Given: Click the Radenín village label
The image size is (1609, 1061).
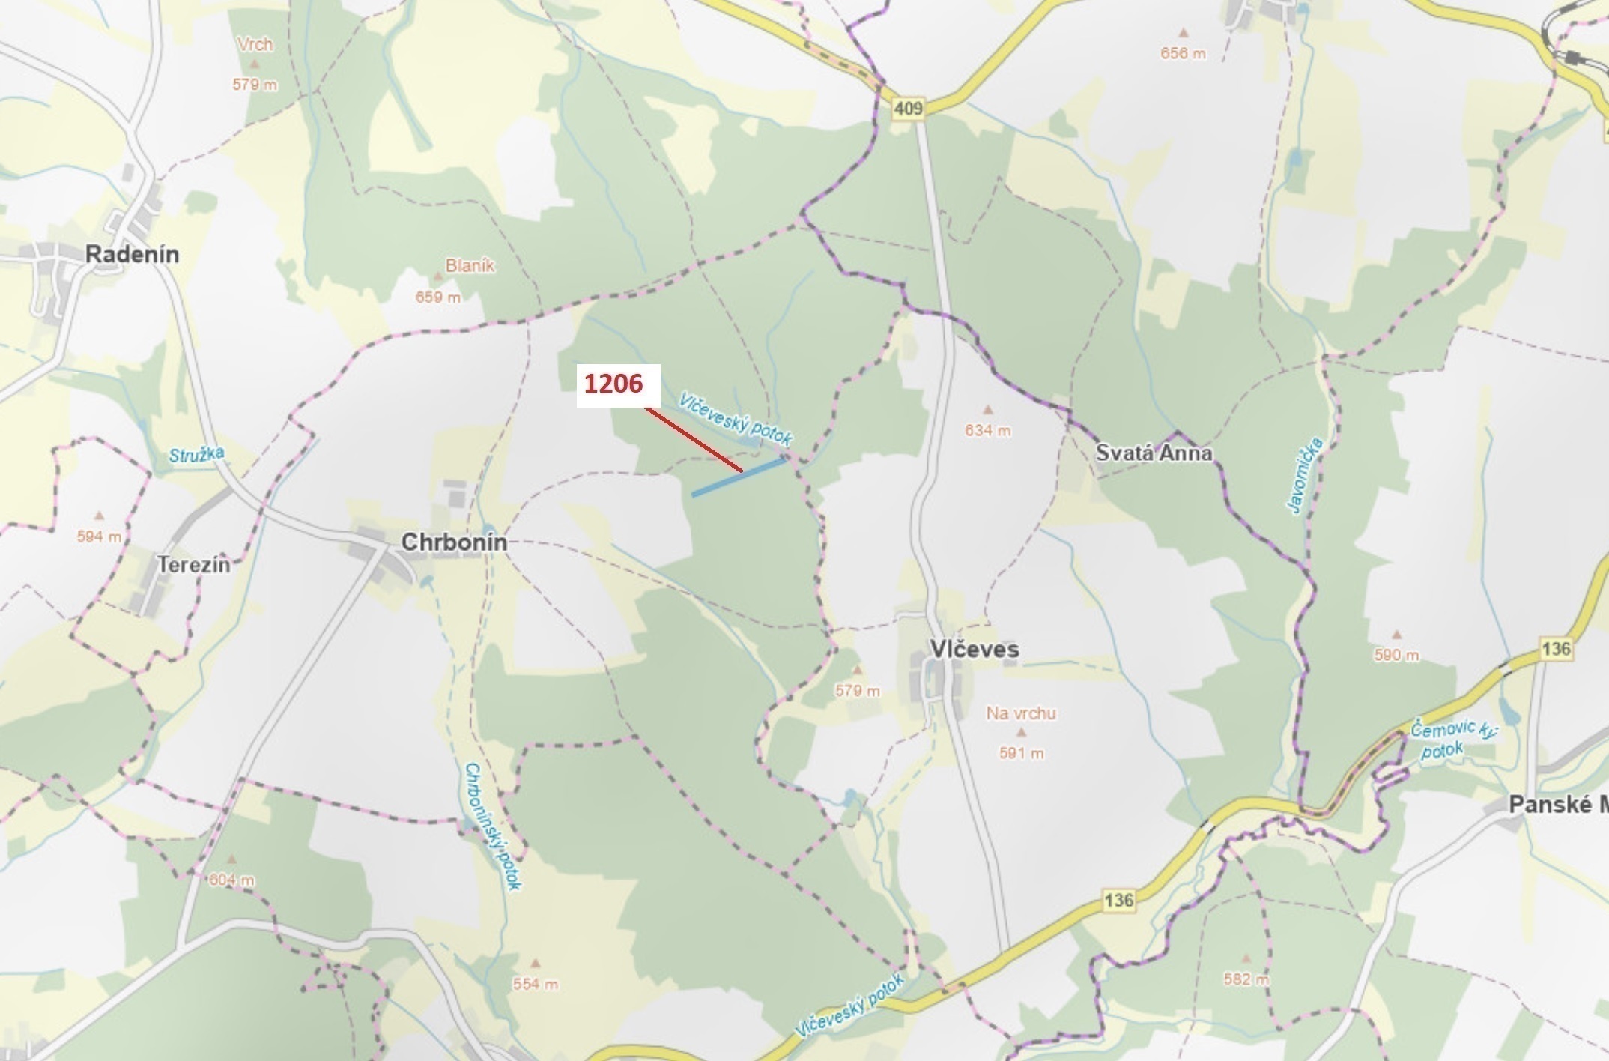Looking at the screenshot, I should click(x=132, y=254).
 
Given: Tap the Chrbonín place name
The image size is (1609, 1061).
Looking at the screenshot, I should click(x=454, y=542).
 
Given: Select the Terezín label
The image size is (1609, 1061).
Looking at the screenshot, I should click(x=194, y=564).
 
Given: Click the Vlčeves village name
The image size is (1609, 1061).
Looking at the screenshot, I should click(x=974, y=649).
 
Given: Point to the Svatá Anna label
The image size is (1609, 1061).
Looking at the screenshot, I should click(x=1154, y=453).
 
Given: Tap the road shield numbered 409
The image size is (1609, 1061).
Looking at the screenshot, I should click(x=909, y=109).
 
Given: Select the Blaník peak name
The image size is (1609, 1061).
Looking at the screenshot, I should click(x=470, y=265).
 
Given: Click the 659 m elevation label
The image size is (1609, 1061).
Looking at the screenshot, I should click(x=438, y=297).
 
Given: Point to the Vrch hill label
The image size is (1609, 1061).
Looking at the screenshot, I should click(x=255, y=44).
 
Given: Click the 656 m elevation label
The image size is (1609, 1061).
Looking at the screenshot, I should click(x=1183, y=53).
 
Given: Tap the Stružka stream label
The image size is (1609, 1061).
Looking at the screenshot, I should click(x=196, y=454).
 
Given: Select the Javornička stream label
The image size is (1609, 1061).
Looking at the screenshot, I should click(x=1305, y=476).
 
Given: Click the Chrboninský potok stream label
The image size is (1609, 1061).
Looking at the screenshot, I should click(x=492, y=826).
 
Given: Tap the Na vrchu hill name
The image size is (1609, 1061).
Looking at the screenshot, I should click(x=1020, y=713).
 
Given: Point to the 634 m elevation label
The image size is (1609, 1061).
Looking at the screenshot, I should click(x=987, y=430).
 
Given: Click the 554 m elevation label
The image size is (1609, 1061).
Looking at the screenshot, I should click(x=535, y=984).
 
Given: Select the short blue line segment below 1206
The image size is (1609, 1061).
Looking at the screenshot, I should click(x=738, y=477).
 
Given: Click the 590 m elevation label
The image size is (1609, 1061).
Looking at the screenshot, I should click(x=1396, y=655).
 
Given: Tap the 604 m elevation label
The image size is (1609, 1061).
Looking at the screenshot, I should click(x=231, y=880).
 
